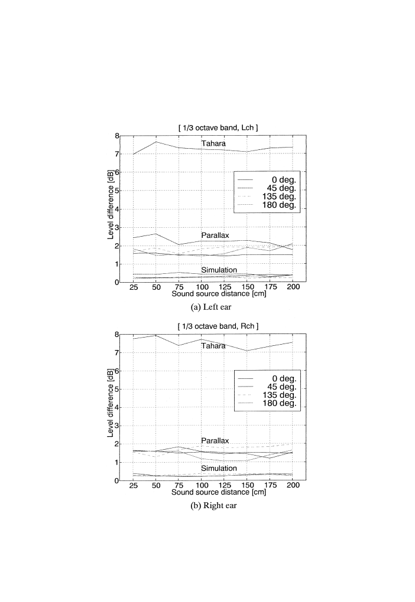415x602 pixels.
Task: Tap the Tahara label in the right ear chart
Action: tap(213, 346)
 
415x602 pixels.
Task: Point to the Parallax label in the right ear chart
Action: tap(213, 440)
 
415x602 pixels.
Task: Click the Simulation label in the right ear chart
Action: tap(213, 468)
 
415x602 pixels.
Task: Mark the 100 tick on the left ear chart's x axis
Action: tap(202, 287)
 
